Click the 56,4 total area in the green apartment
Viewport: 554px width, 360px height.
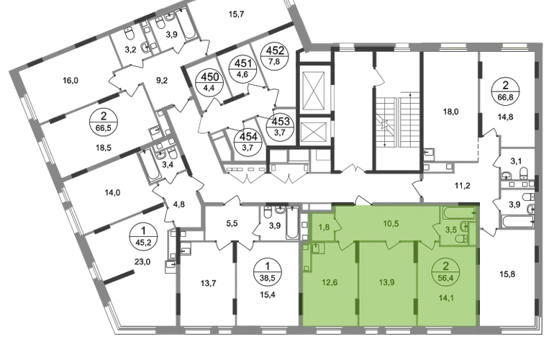445,277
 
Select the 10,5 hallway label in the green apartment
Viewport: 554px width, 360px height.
391,223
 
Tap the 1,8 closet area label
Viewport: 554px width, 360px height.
324,227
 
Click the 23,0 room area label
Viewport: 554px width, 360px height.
142,261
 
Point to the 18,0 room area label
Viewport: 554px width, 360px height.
451,112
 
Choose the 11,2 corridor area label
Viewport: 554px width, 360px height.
463,185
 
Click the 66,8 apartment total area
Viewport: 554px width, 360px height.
506,96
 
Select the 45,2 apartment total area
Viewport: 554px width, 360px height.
143,242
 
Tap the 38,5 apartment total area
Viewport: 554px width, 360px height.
268,277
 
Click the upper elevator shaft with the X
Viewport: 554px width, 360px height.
312,91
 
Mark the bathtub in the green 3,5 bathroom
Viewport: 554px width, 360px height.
458,213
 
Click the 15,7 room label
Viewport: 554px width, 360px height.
237,14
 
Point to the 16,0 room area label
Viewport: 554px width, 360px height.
71,81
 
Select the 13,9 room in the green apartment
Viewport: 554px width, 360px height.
387,282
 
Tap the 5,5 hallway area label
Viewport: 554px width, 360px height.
232,223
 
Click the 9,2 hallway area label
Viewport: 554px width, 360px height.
162,81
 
